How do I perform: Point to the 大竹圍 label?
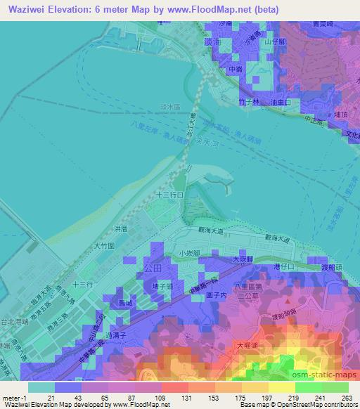104,247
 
